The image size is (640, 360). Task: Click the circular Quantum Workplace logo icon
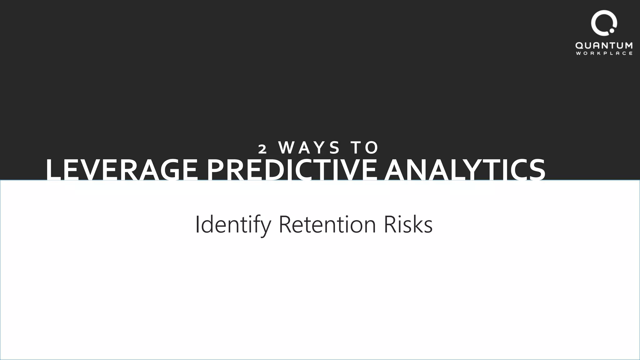coord(603,23)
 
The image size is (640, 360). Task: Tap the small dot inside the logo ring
coord(612,31)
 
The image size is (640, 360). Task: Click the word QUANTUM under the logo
coord(604,46)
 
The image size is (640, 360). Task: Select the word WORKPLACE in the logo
coord(604,53)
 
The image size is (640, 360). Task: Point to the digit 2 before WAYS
coord(262,149)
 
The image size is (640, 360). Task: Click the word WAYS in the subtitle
coord(309,147)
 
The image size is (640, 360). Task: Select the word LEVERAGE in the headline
coord(122,170)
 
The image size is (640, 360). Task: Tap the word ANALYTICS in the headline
coord(464,170)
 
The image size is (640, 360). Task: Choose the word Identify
coord(233,224)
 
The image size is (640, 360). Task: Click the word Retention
coord(327,224)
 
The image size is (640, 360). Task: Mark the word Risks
coord(408,224)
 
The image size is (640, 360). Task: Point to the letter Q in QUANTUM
coord(580,46)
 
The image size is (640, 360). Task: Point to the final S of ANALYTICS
coord(536,170)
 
